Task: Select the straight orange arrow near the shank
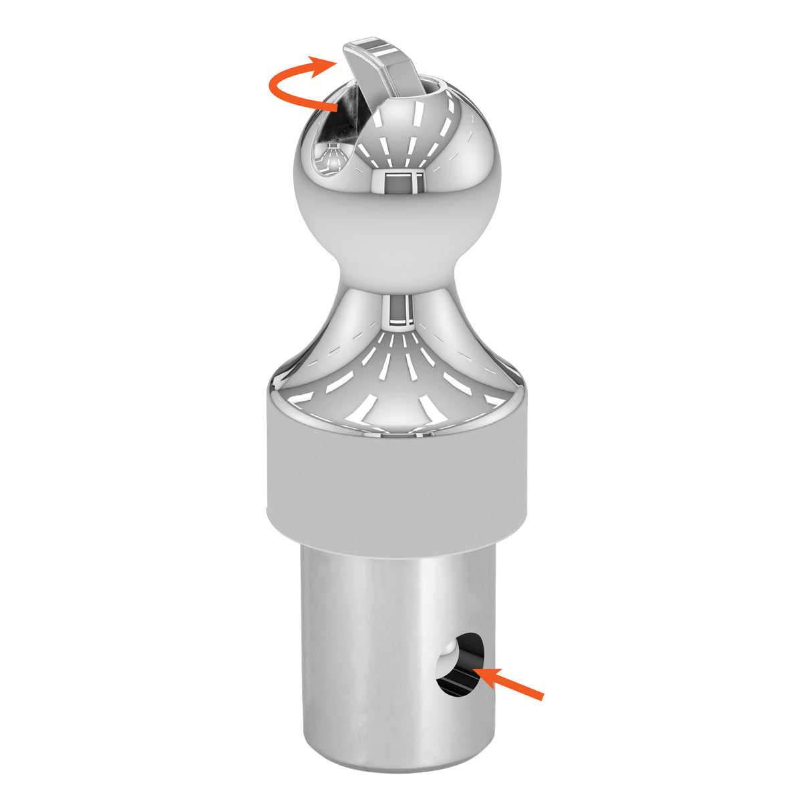tap(511, 683)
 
